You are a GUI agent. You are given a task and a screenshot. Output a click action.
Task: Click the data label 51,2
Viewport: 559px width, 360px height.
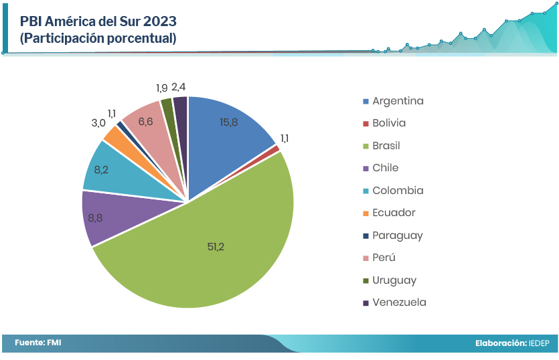(216, 247)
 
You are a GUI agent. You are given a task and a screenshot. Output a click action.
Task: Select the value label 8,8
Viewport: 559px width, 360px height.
(96, 217)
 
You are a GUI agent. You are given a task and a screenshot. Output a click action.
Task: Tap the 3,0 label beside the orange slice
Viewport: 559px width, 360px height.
(98, 123)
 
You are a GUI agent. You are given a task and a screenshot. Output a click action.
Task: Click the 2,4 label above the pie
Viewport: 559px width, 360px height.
(179, 87)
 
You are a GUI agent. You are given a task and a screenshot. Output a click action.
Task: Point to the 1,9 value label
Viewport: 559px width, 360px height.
(161, 88)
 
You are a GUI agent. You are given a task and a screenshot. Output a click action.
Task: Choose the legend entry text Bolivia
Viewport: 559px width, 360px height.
(389, 123)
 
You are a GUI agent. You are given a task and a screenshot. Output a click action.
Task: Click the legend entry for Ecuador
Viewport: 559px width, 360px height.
(394, 213)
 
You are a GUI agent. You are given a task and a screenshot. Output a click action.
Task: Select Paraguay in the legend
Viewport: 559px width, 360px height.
(398, 236)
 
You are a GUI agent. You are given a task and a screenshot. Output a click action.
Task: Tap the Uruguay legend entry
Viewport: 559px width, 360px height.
(394, 280)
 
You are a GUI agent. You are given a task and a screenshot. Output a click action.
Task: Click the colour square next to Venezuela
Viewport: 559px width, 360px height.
(366, 303)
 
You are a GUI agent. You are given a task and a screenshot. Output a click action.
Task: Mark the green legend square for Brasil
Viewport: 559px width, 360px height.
(366, 146)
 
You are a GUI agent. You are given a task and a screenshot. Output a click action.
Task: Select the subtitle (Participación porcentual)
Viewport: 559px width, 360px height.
(98, 39)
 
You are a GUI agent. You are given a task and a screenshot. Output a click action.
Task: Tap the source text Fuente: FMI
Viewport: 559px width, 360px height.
(38, 343)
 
